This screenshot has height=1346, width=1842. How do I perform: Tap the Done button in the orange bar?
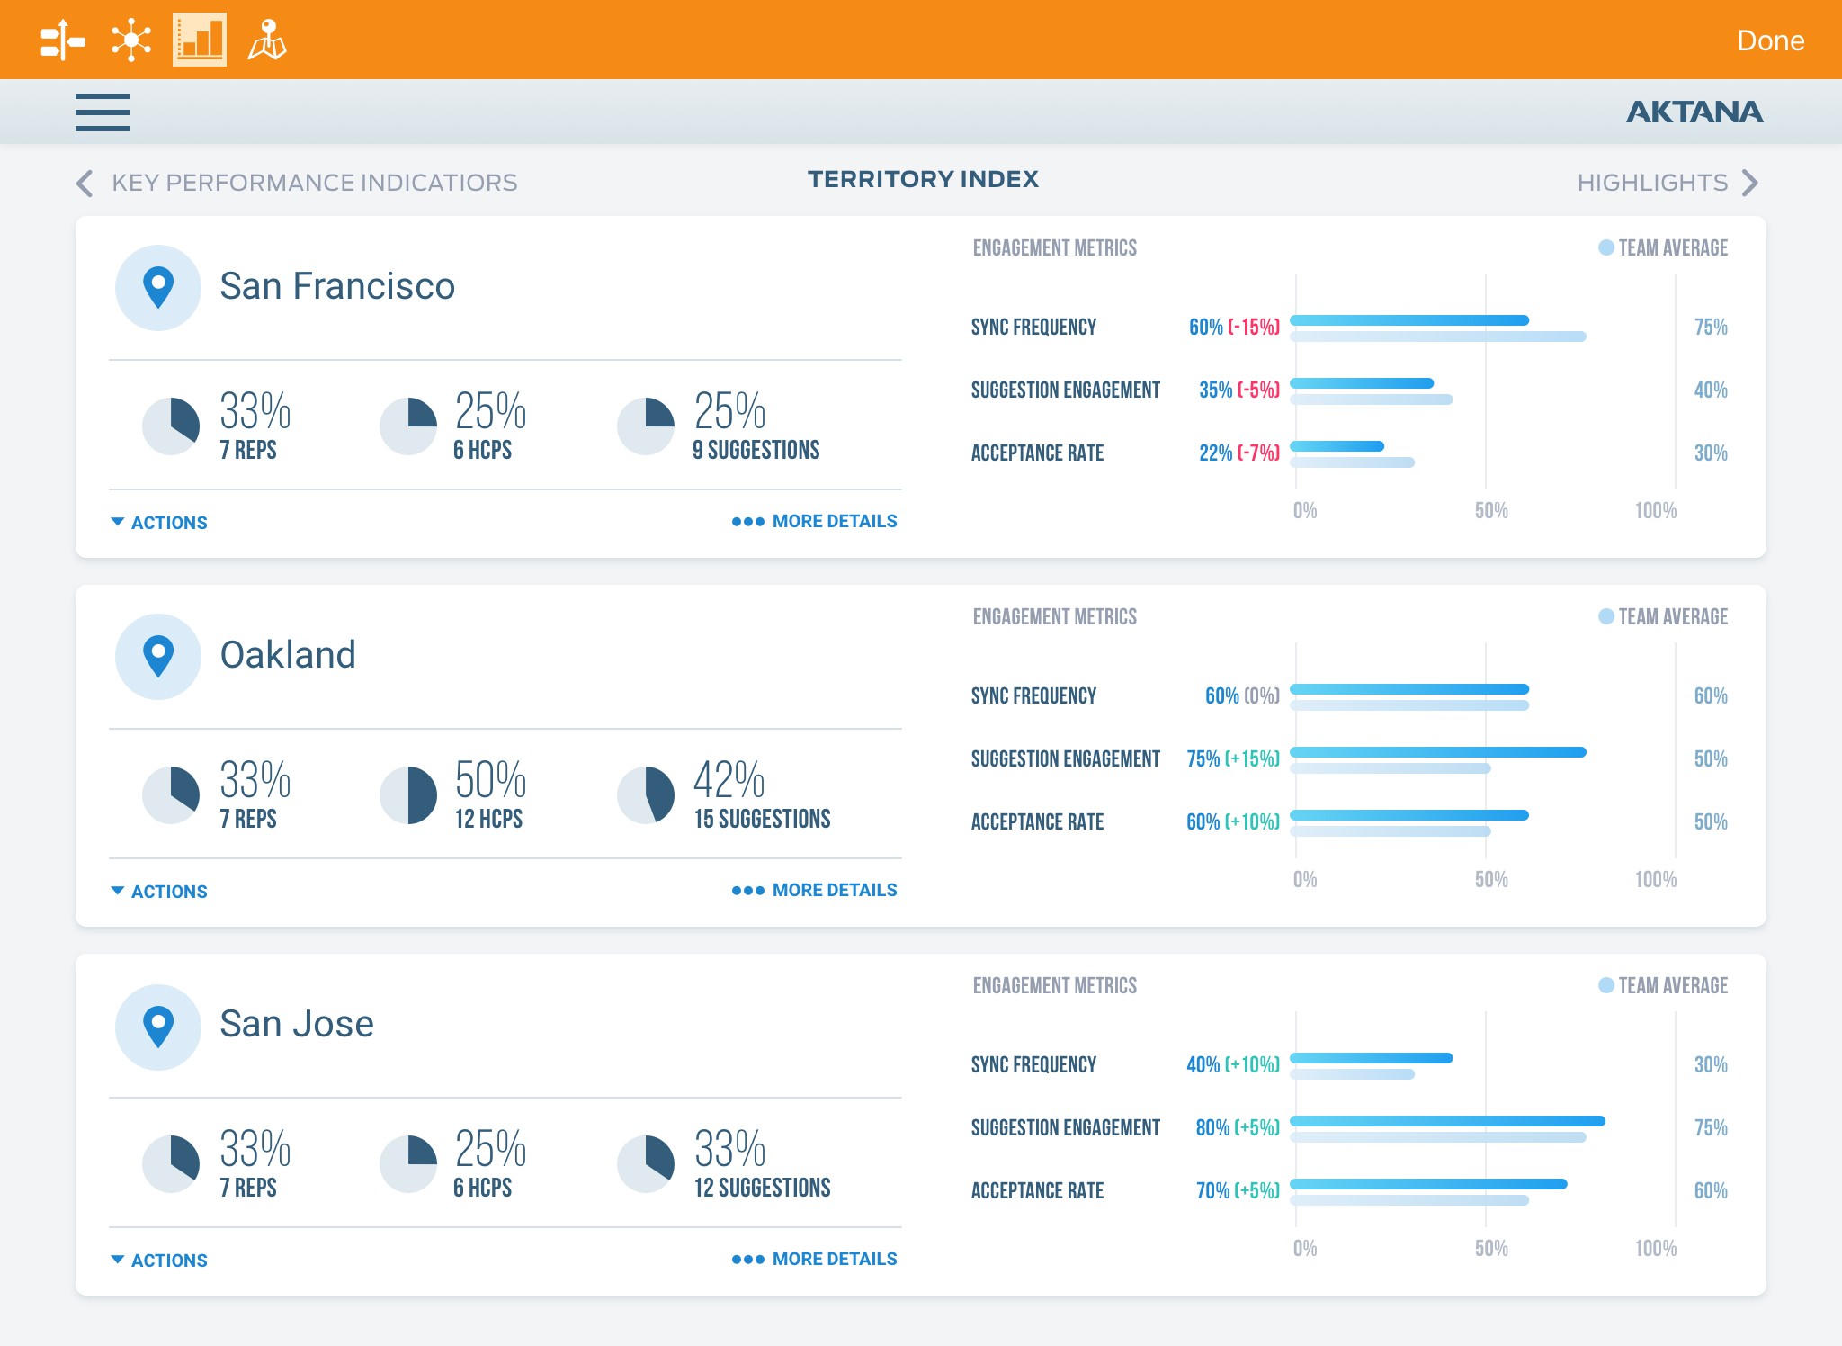[x=1770, y=40]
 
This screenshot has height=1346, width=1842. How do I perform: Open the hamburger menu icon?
[x=103, y=112]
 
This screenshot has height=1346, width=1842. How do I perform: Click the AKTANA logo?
[x=1694, y=112]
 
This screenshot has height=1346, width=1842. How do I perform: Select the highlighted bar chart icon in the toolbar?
[x=200, y=40]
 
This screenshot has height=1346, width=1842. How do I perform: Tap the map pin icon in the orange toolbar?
[x=267, y=40]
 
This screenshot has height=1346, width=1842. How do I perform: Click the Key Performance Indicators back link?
[x=298, y=183]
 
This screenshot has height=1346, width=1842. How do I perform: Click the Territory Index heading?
[x=923, y=179]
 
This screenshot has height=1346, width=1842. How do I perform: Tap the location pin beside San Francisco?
[x=158, y=288]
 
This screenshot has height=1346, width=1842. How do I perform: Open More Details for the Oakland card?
[x=814, y=890]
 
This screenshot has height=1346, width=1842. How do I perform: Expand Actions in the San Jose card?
[x=159, y=1260]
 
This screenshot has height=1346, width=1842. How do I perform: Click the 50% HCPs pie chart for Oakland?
[x=408, y=795]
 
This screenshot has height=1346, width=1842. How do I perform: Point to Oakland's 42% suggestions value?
[x=729, y=779]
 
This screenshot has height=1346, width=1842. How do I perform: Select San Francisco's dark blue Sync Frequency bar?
[x=1409, y=320]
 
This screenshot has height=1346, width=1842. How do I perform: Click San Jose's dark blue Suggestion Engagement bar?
[x=1447, y=1121]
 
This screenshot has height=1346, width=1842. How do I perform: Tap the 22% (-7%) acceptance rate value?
[x=1238, y=453]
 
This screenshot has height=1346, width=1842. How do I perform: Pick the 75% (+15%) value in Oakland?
[x=1232, y=758]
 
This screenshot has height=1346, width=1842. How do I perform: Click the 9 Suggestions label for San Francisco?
[x=756, y=450]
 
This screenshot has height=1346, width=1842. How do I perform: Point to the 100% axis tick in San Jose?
[x=1656, y=1248]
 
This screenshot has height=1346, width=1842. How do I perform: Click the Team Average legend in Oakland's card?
[x=1663, y=616]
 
